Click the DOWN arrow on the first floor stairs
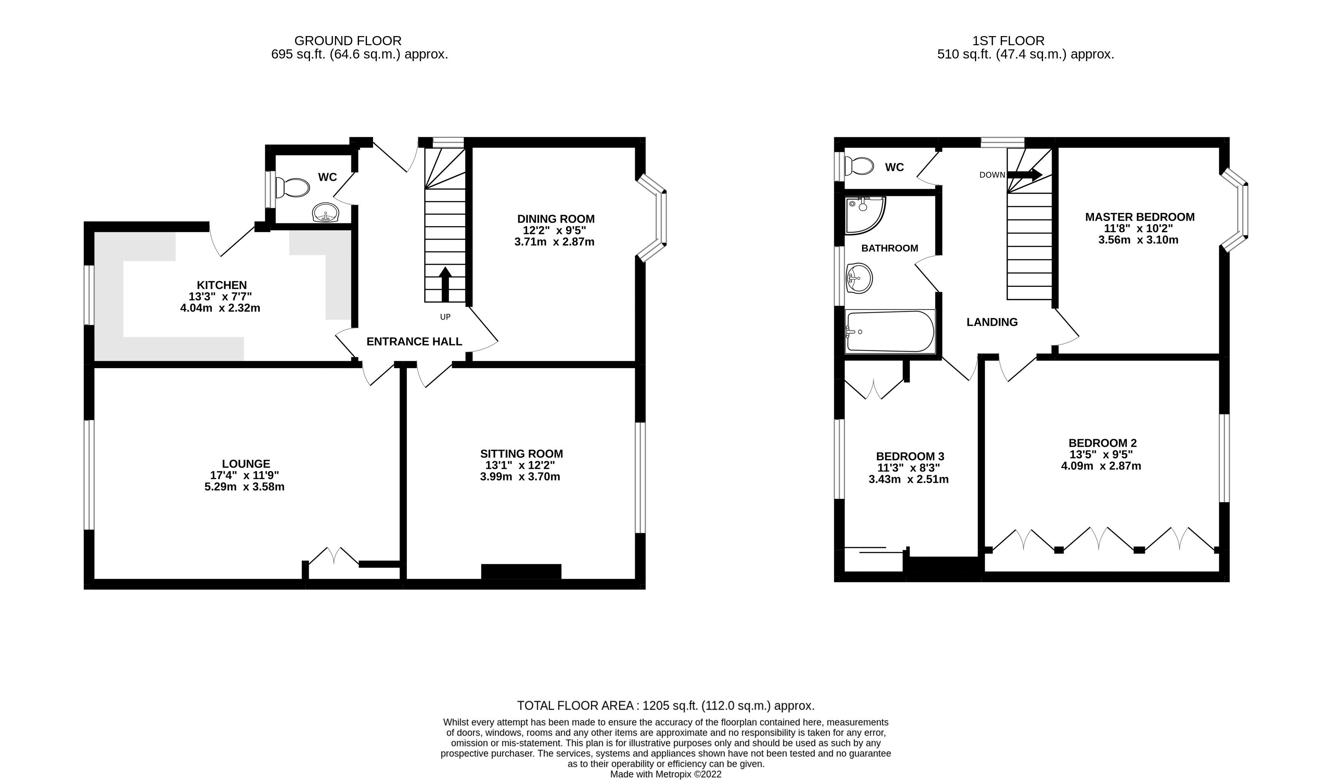click(1024, 174)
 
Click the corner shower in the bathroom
click(863, 214)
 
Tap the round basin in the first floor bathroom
click(859, 278)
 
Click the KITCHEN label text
click(221, 285)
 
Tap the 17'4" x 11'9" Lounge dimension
click(244, 475)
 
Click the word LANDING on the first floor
click(992, 322)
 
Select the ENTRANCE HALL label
click(414, 342)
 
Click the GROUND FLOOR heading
click(348, 41)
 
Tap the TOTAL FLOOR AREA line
click(665, 706)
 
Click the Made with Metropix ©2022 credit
click(665, 774)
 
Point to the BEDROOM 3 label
click(910, 456)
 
